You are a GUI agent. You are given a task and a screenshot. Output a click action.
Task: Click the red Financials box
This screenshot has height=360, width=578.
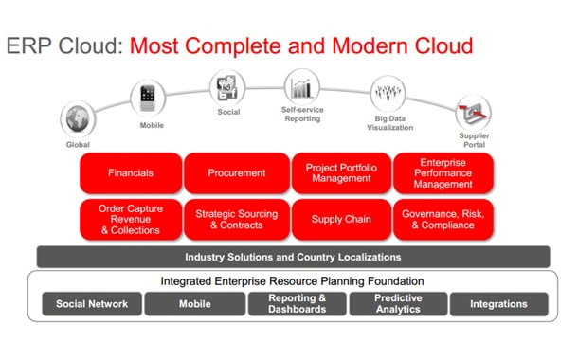[131, 173]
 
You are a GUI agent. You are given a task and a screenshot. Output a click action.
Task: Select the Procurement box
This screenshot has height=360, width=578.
[237, 173]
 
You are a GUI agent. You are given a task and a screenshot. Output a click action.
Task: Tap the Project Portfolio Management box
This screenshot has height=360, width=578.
[340, 173]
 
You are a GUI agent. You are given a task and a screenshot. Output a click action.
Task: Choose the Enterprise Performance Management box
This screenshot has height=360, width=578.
[443, 173]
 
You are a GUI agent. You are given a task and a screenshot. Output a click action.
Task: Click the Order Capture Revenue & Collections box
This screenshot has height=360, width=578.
[131, 219]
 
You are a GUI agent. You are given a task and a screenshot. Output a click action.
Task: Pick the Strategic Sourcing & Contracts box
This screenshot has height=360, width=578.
[237, 219]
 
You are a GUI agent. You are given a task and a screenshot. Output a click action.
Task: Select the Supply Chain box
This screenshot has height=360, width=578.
[340, 219]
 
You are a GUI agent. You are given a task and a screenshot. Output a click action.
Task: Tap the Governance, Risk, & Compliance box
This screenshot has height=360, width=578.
[443, 219]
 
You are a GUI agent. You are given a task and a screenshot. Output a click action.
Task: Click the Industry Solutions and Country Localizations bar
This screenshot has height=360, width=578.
[293, 257]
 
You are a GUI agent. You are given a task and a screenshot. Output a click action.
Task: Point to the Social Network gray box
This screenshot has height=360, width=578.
[92, 304]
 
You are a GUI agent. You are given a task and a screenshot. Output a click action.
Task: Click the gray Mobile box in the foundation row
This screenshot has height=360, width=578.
[194, 304]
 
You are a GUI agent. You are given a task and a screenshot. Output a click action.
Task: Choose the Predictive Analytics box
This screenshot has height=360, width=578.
[398, 304]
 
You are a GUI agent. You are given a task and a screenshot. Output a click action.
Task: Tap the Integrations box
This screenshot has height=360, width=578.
[498, 304]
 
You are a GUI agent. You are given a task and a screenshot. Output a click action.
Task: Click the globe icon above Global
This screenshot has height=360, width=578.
[78, 119]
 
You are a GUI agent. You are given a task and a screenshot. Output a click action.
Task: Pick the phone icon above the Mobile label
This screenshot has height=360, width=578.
[147, 97]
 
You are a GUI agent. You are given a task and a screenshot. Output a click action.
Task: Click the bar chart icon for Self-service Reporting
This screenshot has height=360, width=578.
[301, 86]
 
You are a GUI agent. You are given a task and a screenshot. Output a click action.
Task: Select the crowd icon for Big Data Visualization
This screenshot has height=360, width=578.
[388, 96]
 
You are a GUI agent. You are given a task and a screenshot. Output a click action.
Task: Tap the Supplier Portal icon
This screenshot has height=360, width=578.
[473, 113]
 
